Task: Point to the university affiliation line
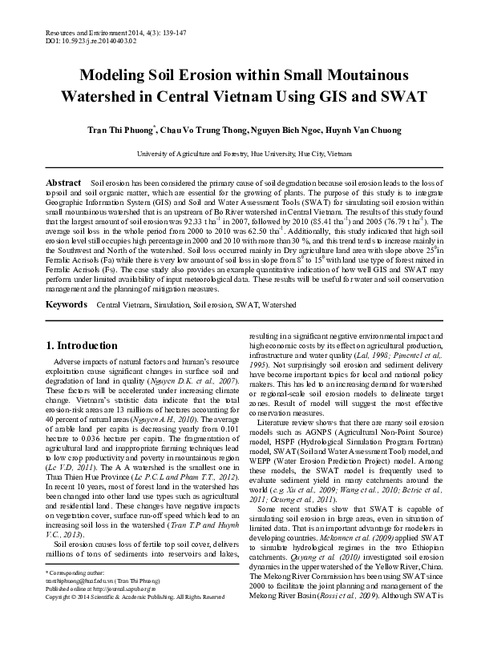[238, 151]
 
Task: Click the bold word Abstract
[63, 183]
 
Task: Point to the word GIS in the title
[333, 98]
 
